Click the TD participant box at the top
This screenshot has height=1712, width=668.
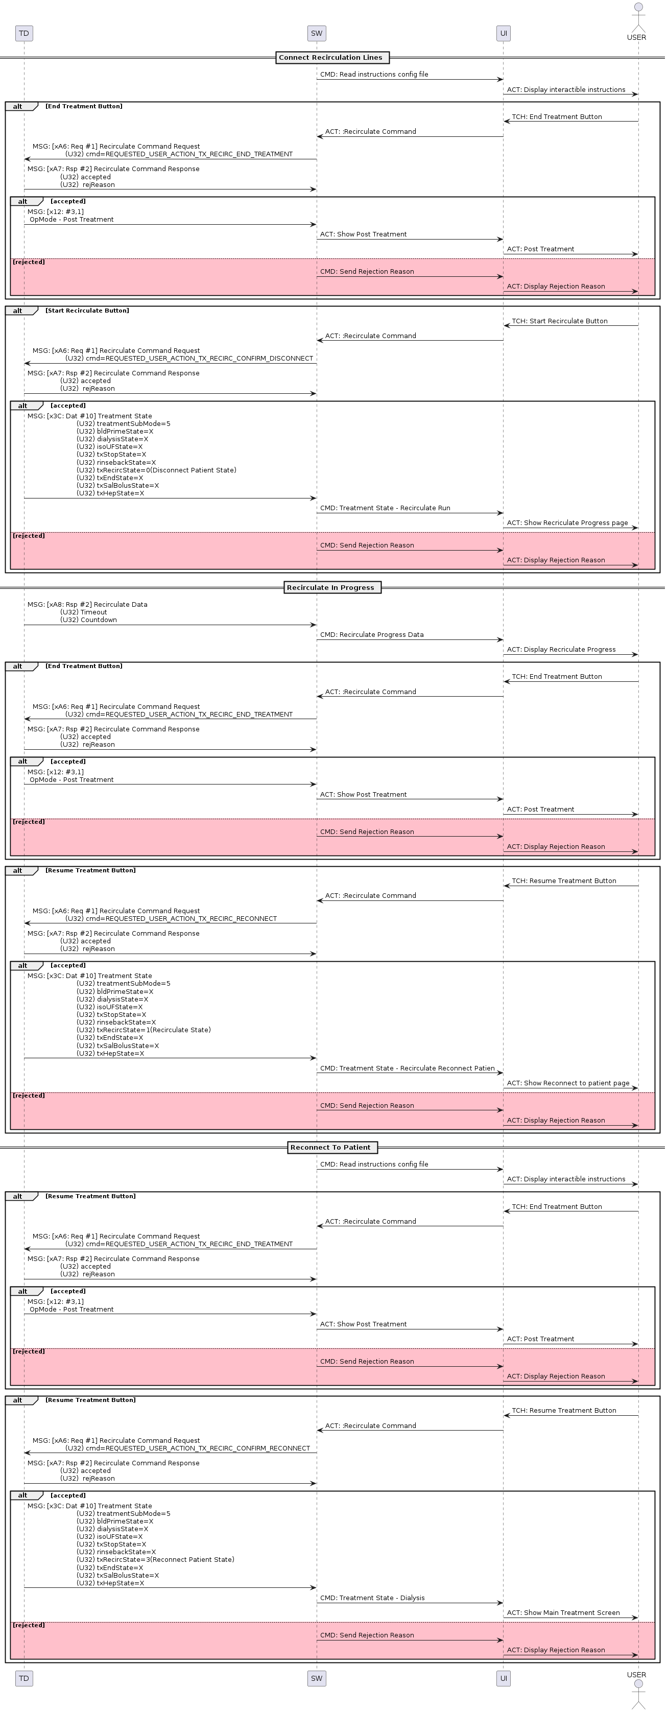[24, 33]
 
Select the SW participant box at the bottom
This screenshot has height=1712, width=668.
[317, 1678]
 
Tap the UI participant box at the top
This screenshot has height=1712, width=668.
[503, 33]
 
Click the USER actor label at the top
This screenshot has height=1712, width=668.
[636, 37]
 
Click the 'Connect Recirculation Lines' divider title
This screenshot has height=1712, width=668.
[330, 58]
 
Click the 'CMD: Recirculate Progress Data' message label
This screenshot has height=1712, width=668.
[372, 635]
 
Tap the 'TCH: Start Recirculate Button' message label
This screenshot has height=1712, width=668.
[559, 321]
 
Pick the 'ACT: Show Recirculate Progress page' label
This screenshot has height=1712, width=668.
[567, 523]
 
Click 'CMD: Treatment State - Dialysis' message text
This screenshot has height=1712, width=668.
[372, 1598]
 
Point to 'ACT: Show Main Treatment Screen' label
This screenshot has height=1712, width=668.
[563, 1612]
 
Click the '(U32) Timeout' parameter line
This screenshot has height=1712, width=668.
[83, 612]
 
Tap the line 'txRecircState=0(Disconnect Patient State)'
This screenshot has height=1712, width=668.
[156, 470]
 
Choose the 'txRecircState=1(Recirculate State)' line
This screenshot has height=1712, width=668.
[144, 1030]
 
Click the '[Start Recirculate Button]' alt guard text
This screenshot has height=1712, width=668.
[87, 311]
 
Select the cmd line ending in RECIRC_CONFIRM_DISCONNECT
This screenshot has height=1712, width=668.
[189, 358]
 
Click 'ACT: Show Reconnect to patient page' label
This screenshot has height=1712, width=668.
[567, 1083]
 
